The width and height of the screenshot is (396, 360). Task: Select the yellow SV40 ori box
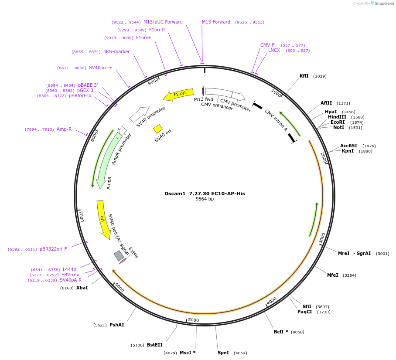pos(158,129)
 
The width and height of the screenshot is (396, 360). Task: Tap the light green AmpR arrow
pos(106,161)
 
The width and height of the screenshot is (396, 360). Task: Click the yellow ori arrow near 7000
pos(103,219)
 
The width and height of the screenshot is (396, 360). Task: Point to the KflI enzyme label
pos(304,76)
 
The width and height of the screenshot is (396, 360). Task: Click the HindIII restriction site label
pos(337,117)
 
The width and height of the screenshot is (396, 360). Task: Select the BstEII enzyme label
pos(154,345)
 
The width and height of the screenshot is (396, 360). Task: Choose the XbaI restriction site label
pos(82,288)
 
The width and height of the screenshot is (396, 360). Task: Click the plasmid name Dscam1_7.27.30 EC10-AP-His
pos(205,193)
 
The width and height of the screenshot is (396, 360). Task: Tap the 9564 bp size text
pos(205,199)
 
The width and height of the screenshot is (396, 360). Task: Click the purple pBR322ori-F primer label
pos(53,249)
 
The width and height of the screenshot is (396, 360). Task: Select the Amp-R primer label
pos(64,129)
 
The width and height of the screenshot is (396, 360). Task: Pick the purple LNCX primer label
pos(274,51)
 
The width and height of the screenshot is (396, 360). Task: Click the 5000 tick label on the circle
pos(193,320)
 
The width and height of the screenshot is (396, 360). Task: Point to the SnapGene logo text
pos(384,3)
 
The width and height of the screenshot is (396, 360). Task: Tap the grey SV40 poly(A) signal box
pos(119,255)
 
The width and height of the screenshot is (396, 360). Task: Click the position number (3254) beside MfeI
pos(349,275)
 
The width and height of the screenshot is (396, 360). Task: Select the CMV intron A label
pos(276,120)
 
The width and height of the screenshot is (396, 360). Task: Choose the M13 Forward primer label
pos(216,22)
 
